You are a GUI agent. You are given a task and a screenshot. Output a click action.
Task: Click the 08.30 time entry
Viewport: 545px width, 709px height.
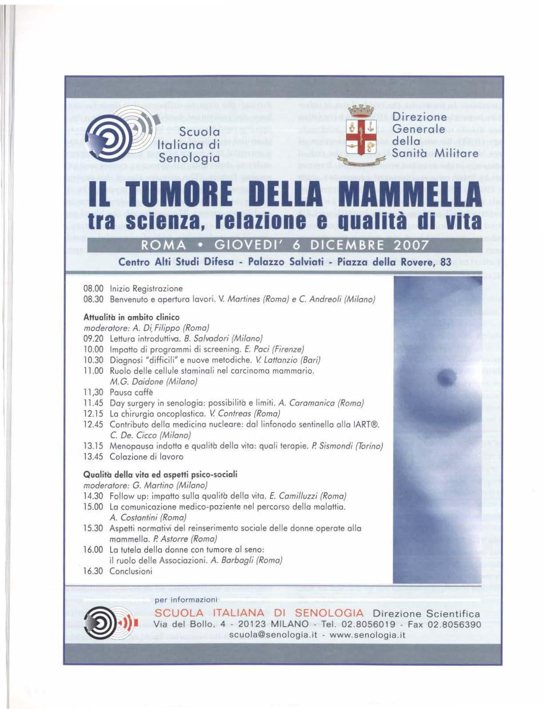[x=93, y=299]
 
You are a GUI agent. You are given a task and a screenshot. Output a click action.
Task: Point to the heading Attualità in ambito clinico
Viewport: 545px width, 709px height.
[x=131, y=317]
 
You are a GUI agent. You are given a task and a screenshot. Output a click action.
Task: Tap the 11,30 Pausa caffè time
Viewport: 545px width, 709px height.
[x=93, y=392]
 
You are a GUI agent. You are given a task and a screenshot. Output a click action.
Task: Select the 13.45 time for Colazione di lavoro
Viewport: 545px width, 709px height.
[x=93, y=457]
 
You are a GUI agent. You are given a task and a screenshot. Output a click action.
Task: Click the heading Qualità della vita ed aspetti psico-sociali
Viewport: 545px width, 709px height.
[x=160, y=474]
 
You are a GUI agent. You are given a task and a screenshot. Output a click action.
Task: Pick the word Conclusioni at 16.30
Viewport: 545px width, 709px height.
[x=131, y=571]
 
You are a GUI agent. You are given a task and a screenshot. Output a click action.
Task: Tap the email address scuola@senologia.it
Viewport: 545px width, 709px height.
[x=273, y=635]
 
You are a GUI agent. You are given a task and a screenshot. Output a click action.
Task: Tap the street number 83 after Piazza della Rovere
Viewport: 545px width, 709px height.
[x=445, y=262]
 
